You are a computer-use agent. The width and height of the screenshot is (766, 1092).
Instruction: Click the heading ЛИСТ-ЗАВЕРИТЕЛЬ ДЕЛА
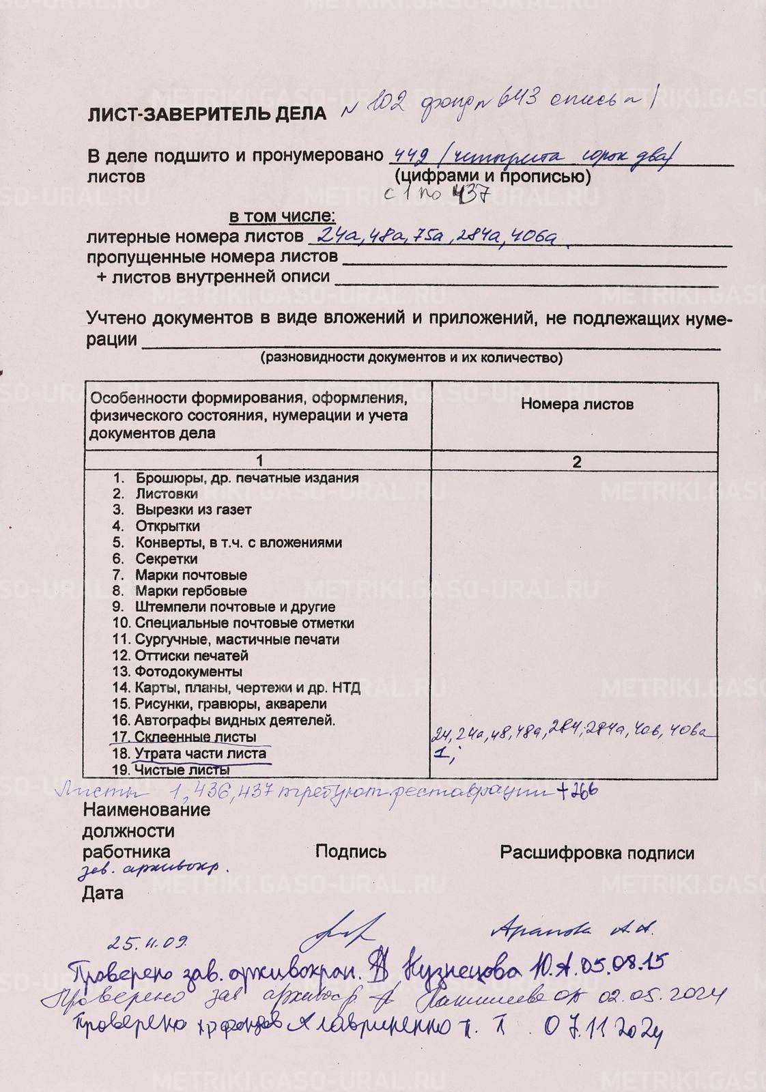(207, 114)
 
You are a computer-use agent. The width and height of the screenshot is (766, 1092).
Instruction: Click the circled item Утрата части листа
(200, 754)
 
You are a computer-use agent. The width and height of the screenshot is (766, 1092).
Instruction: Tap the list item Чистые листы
(181, 771)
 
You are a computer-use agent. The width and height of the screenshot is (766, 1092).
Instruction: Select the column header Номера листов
(577, 404)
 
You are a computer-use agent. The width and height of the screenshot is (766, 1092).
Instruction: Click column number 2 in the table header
(577, 462)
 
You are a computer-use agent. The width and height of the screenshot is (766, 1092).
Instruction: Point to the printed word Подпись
(351, 852)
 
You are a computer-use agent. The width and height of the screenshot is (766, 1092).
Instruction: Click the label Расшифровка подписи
(597, 853)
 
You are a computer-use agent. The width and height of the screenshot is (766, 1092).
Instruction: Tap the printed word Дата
(103, 893)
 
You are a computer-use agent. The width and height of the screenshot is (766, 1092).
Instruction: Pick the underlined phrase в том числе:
(281, 217)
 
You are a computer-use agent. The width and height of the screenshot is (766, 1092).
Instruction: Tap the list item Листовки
(167, 494)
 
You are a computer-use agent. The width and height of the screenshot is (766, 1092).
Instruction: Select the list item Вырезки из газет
(193, 510)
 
